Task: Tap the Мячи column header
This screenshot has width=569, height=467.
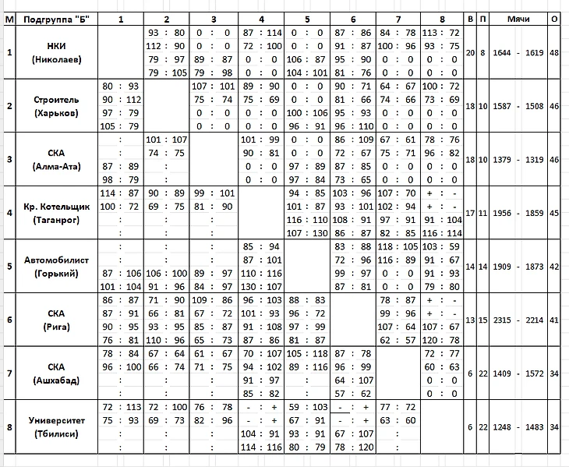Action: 518,18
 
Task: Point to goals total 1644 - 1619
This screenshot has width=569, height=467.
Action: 518,53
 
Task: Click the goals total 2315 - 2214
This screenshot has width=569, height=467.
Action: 518,320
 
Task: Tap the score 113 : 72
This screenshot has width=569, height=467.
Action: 440,33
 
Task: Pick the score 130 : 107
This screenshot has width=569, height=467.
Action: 261,286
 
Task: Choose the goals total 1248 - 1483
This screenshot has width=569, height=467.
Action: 518,426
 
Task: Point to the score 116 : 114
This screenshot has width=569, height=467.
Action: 440,233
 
